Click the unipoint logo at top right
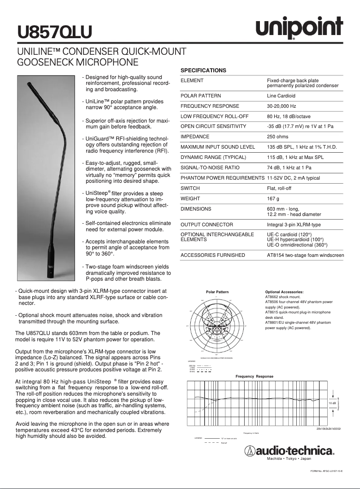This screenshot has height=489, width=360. pos(299,29)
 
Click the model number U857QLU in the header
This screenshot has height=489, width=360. pos(54,32)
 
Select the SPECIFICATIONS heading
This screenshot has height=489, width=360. pos(203,70)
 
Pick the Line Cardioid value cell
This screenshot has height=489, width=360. pos(281,96)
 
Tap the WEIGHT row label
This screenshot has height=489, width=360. pos(190,198)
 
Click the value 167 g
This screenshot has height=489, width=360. pos(273,198)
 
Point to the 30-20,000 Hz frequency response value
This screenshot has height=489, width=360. pos(281,106)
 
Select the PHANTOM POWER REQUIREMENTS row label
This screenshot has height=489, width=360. pos(222,178)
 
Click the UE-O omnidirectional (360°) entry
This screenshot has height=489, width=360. pos(297,245)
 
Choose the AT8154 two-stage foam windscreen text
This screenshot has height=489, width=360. pos(305,255)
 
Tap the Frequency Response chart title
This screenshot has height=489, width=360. pos(255,376)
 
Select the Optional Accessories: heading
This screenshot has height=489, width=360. pos(285,292)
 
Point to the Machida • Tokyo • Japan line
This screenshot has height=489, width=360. pos(289,458)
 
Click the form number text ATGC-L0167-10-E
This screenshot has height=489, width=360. pos(326,471)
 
